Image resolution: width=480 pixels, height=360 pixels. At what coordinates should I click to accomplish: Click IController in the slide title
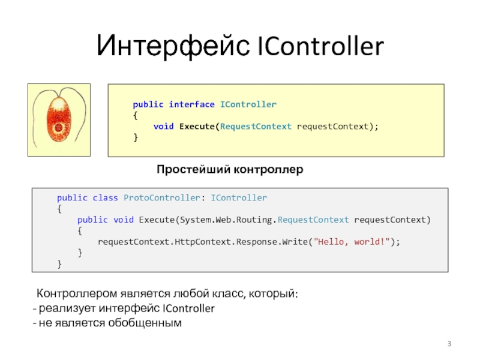320,46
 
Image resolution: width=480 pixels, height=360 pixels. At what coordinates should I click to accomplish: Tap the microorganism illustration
58,119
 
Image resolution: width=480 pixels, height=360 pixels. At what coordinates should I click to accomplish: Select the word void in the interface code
163,127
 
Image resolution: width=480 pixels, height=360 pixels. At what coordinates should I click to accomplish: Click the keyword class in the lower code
105,197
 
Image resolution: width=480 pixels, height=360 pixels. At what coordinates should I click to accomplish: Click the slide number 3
449,343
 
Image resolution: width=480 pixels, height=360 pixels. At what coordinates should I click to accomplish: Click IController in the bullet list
188,309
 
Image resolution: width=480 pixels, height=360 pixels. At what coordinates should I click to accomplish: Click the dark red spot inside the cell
58,127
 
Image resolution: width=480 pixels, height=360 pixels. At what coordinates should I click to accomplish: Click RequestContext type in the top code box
256,127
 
